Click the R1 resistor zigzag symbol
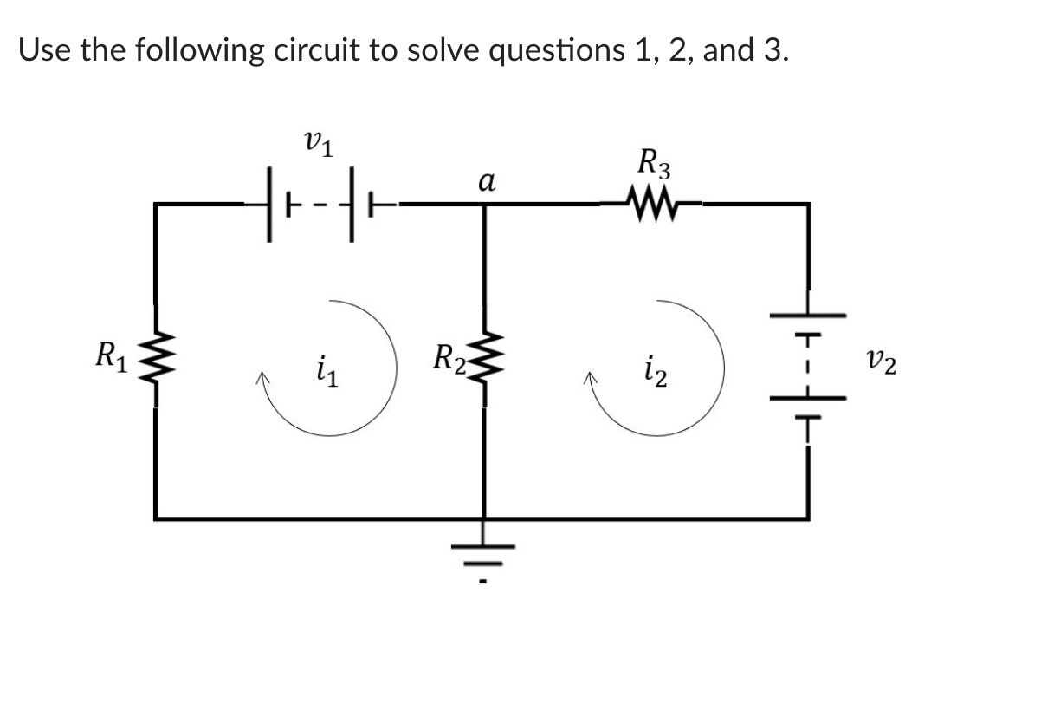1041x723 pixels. [x=156, y=356]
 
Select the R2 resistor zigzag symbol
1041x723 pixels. [x=482, y=356]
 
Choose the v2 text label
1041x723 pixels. [x=882, y=358]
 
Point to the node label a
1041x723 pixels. [x=486, y=183]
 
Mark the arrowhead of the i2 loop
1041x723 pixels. [x=592, y=379]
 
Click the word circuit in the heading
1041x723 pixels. [x=311, y=49]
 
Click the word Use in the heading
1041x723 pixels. [x=45, y=49]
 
